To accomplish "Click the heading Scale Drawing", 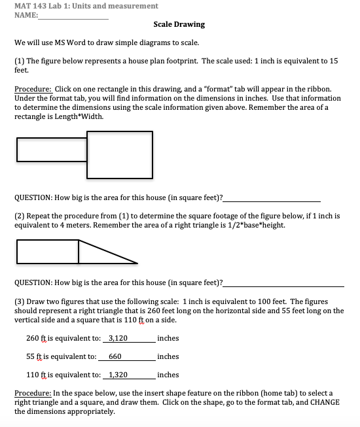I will pos(179,24).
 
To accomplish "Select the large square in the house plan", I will pos(119,155).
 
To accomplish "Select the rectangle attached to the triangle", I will pos(47,252).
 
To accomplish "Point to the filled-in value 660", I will pos(115,356).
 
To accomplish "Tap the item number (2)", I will pos(20,215).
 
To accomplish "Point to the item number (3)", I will pos(20,301).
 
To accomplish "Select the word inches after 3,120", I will pos(168,338).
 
